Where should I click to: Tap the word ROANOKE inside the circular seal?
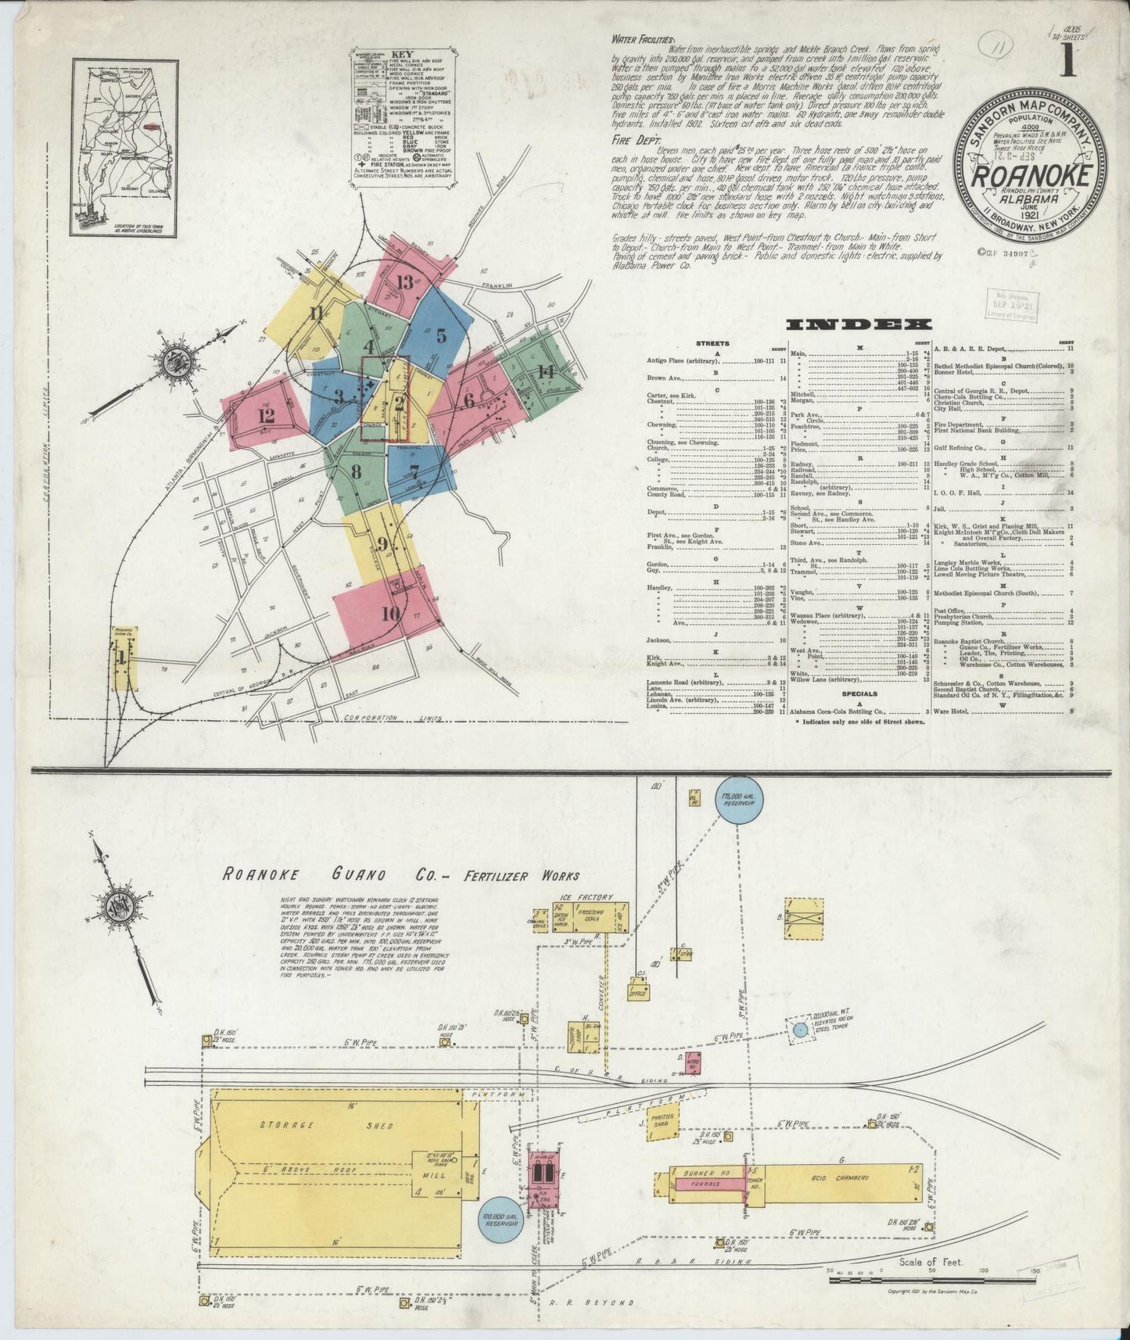[1030, 177]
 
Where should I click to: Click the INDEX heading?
[859, 324]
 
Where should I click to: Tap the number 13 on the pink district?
[404, 283]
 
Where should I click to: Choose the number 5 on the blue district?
[441, 336]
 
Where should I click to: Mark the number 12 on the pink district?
[266, 415]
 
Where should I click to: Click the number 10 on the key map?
[390, 614]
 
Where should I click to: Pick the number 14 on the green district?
[546, 371]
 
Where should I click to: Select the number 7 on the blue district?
[414, 471]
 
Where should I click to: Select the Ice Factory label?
[587, 897]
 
